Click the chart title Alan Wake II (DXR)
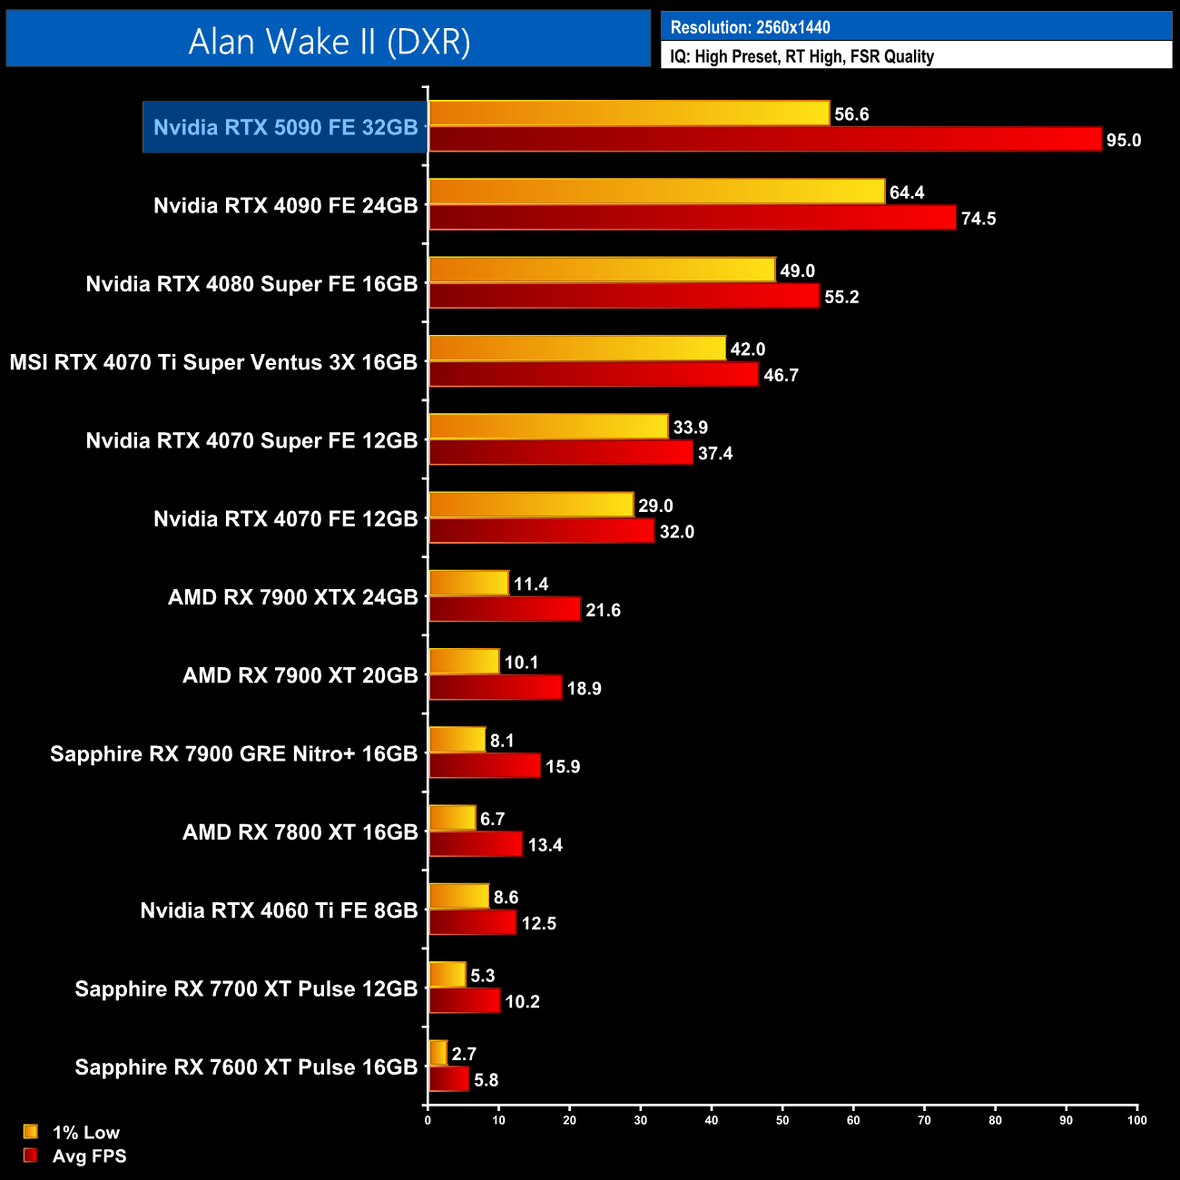tap(329, 41)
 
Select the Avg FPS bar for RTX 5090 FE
tap(764, 140)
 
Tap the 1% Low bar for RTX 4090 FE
tap(656, 192)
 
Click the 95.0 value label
tap(1123, 140)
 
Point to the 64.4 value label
tap(907, 192)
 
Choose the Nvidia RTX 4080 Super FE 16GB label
tap(251, 284)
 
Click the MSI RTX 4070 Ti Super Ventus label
tap(213, 362)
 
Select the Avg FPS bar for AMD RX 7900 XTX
tap(505, 610)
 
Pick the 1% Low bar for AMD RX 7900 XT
tap(464, 662)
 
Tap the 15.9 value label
tap(563, 767)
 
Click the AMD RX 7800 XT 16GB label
tap(300, 832)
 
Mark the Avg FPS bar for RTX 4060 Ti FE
tap(472, 923)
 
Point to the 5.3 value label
tap(483, 976)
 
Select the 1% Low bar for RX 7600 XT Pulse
tap(438, 1053)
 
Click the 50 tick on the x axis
tap(782, 1120)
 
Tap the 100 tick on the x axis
tap(1136, 1120)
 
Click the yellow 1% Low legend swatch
tap(31, 1132)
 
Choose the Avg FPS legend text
tap(89, 1156)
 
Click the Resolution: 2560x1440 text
tap(750, 27)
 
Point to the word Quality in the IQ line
tap(909, 56)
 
